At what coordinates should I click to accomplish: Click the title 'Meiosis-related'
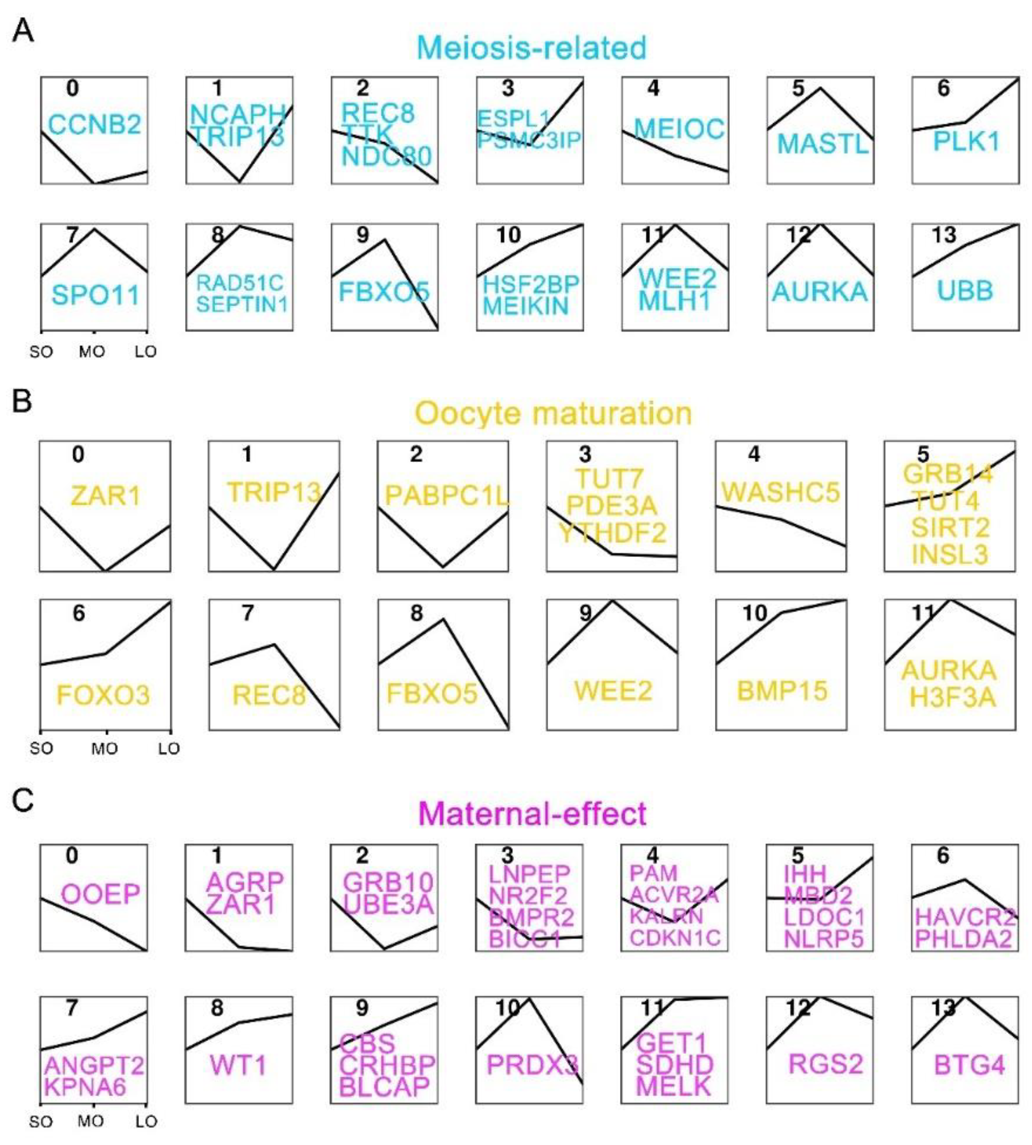pos(531,47)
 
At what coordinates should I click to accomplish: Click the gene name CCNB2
pos(94,124)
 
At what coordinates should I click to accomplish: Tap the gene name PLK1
pos(966,141)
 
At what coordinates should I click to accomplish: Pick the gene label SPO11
pos(95,295)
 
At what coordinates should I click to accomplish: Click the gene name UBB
pos(965,291)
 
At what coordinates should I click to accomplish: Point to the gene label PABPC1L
pos(446,496)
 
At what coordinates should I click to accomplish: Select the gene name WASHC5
pos(780,492)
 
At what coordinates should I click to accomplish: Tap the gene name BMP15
pos(782,691)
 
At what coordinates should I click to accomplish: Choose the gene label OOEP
pos(101,895)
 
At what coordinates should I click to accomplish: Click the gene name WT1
pos(238,1066)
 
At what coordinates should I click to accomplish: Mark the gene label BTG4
pos(969,1066)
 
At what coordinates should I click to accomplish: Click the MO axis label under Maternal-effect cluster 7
pos(91,1121)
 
